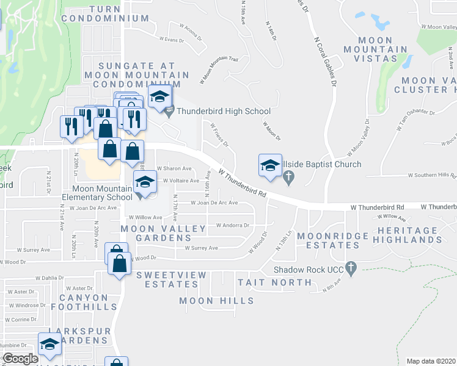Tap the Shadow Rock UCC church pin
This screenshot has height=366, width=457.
(x=351, y=267)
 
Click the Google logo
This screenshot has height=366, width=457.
(x=20, y=359)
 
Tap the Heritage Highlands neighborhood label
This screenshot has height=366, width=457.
(x=410, y=235)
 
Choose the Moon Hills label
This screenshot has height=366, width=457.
(x=217, y=301)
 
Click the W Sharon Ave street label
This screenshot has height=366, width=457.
(x=174, y=168)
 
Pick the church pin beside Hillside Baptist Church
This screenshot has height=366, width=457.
(x=290, y=178)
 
